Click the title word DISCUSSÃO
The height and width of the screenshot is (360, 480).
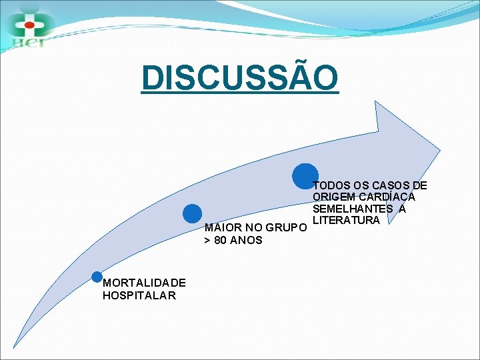coord(240,77)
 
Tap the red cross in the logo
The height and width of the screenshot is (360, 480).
coord(28,25)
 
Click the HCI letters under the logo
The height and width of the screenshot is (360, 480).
coord(27,43)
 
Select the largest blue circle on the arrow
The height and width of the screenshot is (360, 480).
coord(305,176)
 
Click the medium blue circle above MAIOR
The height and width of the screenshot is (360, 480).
coord(192,213)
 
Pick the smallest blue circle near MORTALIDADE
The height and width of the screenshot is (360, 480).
coord(97,277)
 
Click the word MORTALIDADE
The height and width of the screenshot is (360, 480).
coord(144,283)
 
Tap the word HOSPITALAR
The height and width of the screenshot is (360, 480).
coord(139,295)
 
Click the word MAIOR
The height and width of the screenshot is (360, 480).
coord(220,228)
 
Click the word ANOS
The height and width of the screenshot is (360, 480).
coord(246,240)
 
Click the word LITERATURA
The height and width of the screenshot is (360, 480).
coord(346,220)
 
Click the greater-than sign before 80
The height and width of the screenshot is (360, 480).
coord(207,240)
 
